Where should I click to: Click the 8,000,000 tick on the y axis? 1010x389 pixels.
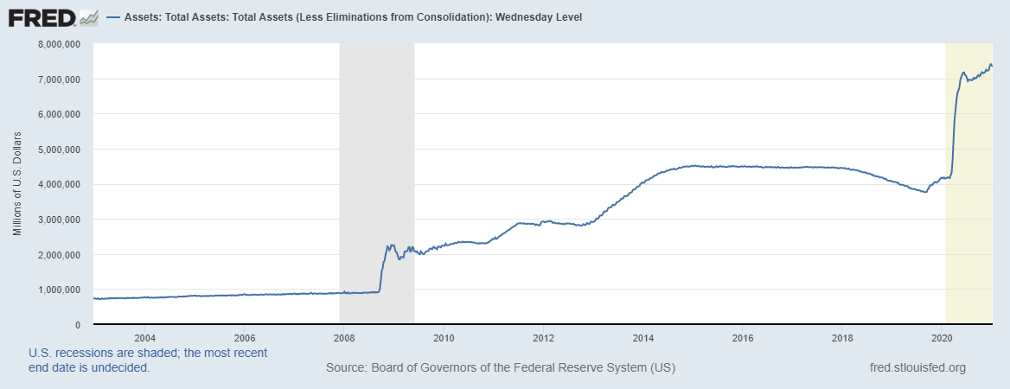coord(56,44)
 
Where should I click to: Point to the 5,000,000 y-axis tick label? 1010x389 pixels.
coord(56,150)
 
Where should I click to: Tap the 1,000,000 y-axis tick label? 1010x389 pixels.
coord(56,290)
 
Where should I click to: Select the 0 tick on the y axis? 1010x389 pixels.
coord(77,325)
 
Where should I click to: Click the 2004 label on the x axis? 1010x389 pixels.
coord(144,337)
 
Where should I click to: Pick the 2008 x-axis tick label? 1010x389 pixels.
coord(344,337)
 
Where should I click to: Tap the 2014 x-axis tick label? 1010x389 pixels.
coord(643,337)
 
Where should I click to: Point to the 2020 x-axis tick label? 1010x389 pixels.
coord(943,337)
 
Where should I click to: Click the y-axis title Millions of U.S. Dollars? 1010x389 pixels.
coord(17,184)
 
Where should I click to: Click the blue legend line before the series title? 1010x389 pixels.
coord(112,16)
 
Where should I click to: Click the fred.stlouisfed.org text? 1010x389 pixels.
coord(917,368)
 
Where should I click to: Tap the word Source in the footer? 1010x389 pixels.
coord(345,368)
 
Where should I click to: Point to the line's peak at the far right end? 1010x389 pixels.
coord(990,64)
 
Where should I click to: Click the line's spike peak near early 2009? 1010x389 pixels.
coord(392,245)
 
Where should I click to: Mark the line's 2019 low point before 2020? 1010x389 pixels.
coord(926,192)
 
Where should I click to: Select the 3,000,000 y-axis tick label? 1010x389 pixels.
coord(56,220)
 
